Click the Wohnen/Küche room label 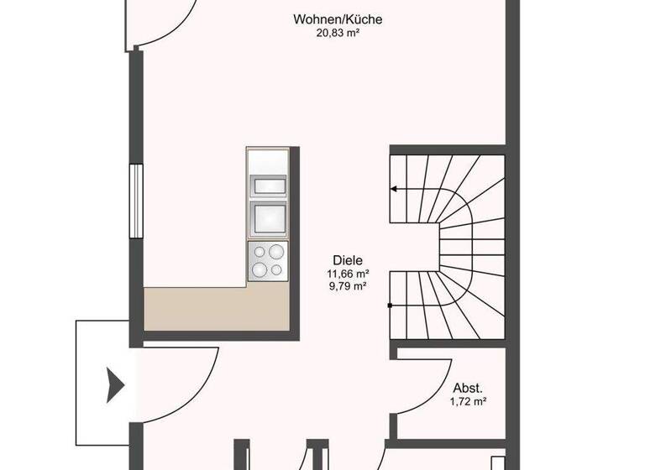point(326,19)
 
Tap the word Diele point(349,261)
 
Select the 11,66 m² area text point(349,274)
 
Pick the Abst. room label point(467,388)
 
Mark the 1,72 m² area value point(467,402)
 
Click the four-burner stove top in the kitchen point(268,261)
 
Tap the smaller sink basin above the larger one point(268,185)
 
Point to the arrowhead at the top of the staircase point(394,190)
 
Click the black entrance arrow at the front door point(115,386)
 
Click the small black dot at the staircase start point(390,307)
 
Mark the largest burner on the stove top point(275,252)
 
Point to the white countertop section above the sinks point(268,160)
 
